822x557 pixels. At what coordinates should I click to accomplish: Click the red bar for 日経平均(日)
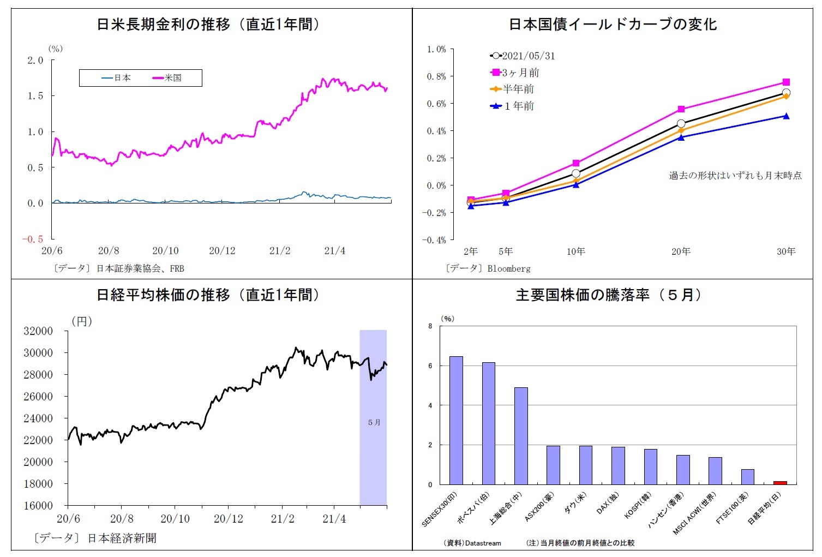[780, 483]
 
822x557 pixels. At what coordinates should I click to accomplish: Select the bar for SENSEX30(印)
[456, 420]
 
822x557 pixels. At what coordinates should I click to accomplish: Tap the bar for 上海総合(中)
[521, 436]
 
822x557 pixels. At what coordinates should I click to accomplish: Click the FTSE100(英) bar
[747, 477]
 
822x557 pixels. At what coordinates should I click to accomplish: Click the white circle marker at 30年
[786, 93]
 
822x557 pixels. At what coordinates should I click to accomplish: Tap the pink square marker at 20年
[681, 109]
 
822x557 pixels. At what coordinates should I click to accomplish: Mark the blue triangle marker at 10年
[576, 185]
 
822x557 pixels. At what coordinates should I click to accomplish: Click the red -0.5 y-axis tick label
[33, 239]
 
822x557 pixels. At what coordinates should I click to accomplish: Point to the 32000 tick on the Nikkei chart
[38, 331]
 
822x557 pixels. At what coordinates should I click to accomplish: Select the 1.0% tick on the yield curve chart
[436, 50]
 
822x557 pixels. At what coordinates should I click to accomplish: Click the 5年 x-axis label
[506, 251]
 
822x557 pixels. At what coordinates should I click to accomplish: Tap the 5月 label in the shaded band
[374, 422]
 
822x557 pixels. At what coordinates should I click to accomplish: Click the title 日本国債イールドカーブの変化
[613, 25]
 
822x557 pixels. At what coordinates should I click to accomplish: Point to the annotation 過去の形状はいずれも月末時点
[735, 176]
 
